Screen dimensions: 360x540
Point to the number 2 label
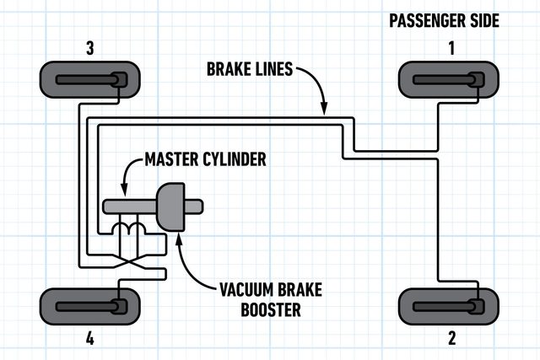click(x=451, y=339)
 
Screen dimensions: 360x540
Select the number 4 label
click(x=90, y=339)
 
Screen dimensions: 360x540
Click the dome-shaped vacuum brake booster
click(x=172, y=206)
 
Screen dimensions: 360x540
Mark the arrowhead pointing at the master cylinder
click(x=124, y=191)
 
